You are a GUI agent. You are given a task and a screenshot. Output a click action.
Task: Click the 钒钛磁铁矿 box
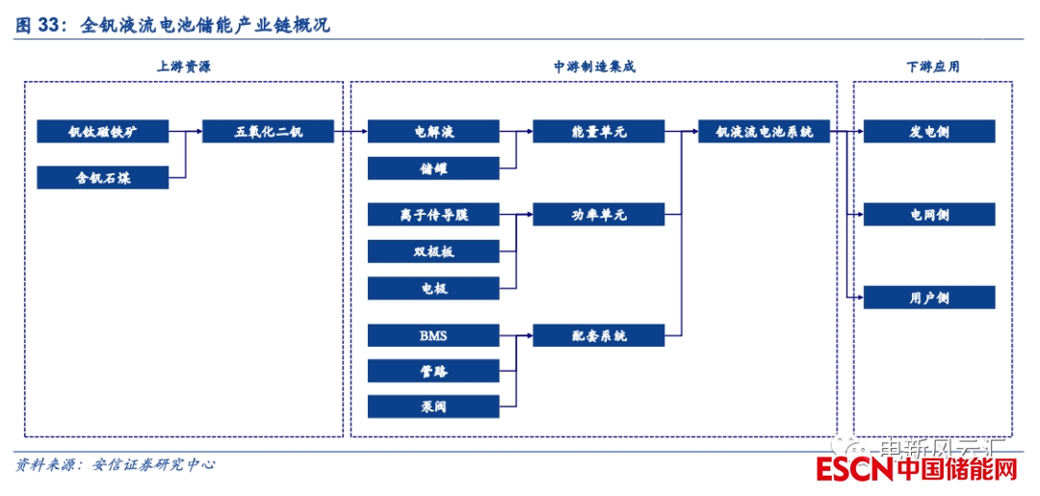click(x=103, y=132)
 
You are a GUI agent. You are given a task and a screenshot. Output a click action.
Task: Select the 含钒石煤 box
click(x=103, y=177)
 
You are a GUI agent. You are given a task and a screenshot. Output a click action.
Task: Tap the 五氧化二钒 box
click(x=268, y=132)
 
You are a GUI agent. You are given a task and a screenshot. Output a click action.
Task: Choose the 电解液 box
click(x=433, y=132)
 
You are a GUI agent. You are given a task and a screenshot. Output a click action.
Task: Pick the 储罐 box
click(x=433, y=169)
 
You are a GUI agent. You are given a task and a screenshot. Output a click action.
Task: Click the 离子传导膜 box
click(x=433, y=215)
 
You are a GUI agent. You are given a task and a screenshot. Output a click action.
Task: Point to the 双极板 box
click(x=433, y=251)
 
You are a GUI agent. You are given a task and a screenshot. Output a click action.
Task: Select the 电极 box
click(x=433, y=288)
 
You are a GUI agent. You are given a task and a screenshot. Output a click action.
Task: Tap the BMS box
click(x=433, y=335)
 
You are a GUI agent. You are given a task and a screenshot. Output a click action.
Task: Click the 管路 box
click(x=433, y=371)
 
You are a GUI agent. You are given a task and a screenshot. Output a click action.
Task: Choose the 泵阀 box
click(x=433, y=406)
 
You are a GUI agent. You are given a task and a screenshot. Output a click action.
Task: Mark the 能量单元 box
click(x=598, y=132)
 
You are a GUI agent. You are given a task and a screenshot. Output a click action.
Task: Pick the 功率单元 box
click(x=598, y=215)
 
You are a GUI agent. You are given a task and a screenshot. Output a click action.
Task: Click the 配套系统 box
click(x=598, y=335)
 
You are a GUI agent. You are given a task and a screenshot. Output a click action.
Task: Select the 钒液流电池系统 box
click(x=764, y=132)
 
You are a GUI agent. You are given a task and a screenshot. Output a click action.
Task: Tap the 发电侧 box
click(x=929, y=132)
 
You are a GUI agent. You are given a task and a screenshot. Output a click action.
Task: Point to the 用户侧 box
click(x=929, y=298)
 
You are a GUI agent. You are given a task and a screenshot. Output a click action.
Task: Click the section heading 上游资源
click(x=184, y=66)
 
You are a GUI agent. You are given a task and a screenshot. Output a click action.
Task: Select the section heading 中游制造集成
click(x=594, y=66)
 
